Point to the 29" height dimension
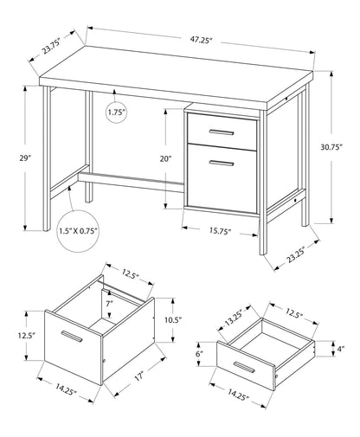click(26, 159)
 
